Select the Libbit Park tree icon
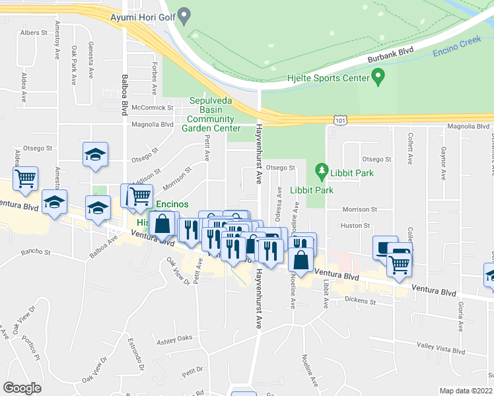322,172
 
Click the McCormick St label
152,108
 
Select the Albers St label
34,32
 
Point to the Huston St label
355,226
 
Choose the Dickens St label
360,302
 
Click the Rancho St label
36,251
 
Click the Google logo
22,388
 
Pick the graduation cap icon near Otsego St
95,154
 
